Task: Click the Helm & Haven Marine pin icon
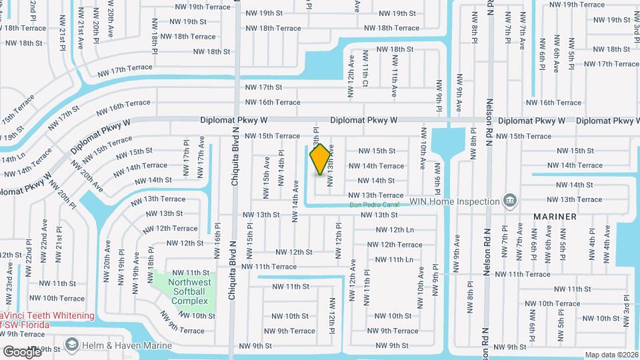71,345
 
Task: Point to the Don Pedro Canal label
375,205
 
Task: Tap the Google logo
23,351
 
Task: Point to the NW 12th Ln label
391,229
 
